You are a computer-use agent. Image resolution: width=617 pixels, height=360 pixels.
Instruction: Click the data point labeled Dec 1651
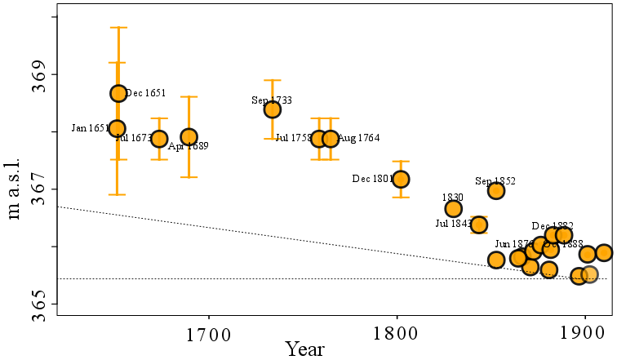click(118, 93)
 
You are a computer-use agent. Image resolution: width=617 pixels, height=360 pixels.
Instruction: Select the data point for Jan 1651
click(118, 128)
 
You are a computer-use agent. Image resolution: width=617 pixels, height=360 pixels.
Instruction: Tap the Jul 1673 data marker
click(159, 139)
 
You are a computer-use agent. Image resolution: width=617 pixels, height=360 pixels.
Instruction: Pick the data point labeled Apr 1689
click(189, 136)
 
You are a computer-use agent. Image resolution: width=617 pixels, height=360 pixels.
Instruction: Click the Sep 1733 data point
click(273, 109)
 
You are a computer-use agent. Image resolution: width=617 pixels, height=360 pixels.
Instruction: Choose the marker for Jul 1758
click(319, 139)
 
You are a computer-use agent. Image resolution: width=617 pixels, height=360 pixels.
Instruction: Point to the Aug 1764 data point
click(331, 139)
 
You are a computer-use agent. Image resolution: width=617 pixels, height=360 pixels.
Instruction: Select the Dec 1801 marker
click(401, 179)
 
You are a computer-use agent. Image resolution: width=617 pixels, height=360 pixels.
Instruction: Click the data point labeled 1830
click(454, 208)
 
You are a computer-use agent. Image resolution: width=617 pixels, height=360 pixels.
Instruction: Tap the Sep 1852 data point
click(496, 190)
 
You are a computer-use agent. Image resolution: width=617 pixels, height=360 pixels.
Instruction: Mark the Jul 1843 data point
click(479, 224)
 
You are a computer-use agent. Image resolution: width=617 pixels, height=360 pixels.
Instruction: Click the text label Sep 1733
click(271, 100)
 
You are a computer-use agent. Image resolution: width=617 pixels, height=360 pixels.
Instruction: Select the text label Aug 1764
click(359, 139)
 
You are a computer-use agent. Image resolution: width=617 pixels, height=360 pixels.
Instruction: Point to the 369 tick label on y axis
click(38, 74)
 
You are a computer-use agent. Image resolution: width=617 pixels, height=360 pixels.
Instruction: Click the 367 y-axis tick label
click(38, 189)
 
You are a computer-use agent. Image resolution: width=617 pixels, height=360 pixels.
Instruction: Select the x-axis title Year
click(305, 349)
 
